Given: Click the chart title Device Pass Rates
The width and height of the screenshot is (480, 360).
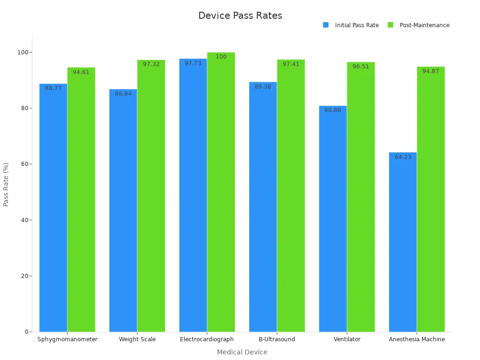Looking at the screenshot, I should (240, 15).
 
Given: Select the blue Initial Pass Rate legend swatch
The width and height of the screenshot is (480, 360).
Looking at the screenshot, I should (326, 25).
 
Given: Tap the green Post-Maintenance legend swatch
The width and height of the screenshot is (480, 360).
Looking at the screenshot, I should (390, 25).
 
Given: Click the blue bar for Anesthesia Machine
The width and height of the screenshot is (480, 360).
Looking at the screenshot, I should (403, 244).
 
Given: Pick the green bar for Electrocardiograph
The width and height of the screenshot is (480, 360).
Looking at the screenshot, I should (221, 192).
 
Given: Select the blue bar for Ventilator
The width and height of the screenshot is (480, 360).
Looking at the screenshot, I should (333, 220).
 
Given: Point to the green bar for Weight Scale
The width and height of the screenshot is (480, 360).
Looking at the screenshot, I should (151, 197).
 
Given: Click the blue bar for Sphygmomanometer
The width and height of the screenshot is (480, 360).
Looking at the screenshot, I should (53, 209).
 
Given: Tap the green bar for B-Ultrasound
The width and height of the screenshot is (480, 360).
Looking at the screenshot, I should (291, 197).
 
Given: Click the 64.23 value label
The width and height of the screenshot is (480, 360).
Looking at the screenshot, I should (403, 157).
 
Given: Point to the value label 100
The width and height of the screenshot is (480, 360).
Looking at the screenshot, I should (221, 57).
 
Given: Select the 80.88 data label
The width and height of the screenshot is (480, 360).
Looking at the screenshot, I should (333, 110).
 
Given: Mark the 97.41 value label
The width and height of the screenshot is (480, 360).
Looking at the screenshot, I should (291, 64).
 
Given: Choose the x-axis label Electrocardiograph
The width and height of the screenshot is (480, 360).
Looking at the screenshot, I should (207, 339).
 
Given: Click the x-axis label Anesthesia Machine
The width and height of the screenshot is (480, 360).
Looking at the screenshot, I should (417, 339).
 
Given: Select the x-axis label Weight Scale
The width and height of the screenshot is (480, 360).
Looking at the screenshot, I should (137, 339).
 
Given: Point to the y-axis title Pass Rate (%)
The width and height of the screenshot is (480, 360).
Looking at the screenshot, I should (6, 184).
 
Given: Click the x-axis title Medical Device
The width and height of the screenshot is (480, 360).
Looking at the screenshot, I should (242, 352).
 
